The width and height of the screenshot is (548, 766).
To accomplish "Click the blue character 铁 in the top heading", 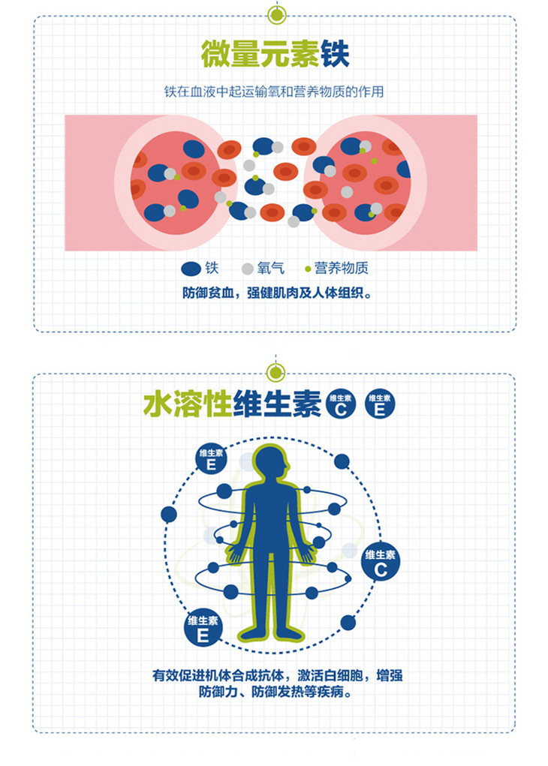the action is click(x=335, y=54).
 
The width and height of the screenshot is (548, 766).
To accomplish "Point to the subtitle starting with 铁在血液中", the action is click(x=274, y=92).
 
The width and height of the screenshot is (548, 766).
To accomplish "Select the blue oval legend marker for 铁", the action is click(x=191, y=268).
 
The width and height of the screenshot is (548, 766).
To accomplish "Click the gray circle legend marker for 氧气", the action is click(x=247, y=268).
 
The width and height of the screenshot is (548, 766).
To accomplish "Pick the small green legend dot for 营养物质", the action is click(x=308, y=269).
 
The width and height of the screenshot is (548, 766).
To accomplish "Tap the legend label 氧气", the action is click(x=269, y=268).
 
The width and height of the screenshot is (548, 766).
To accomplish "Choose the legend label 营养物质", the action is click(x=342, y=268).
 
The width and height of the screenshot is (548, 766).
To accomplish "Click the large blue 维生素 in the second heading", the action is click(x=277, y=404).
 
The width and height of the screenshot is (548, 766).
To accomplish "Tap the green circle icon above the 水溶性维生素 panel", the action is click(x=277, y=370).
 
